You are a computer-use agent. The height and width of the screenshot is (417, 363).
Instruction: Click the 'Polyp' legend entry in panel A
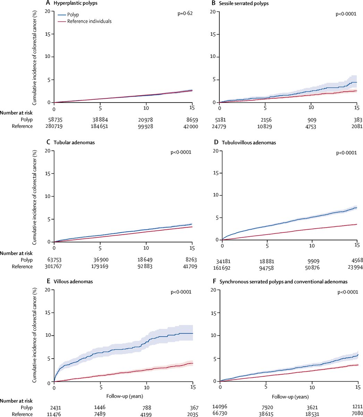click(73, 15)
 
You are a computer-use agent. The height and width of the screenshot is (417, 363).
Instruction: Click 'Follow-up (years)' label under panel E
click(123, 396)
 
